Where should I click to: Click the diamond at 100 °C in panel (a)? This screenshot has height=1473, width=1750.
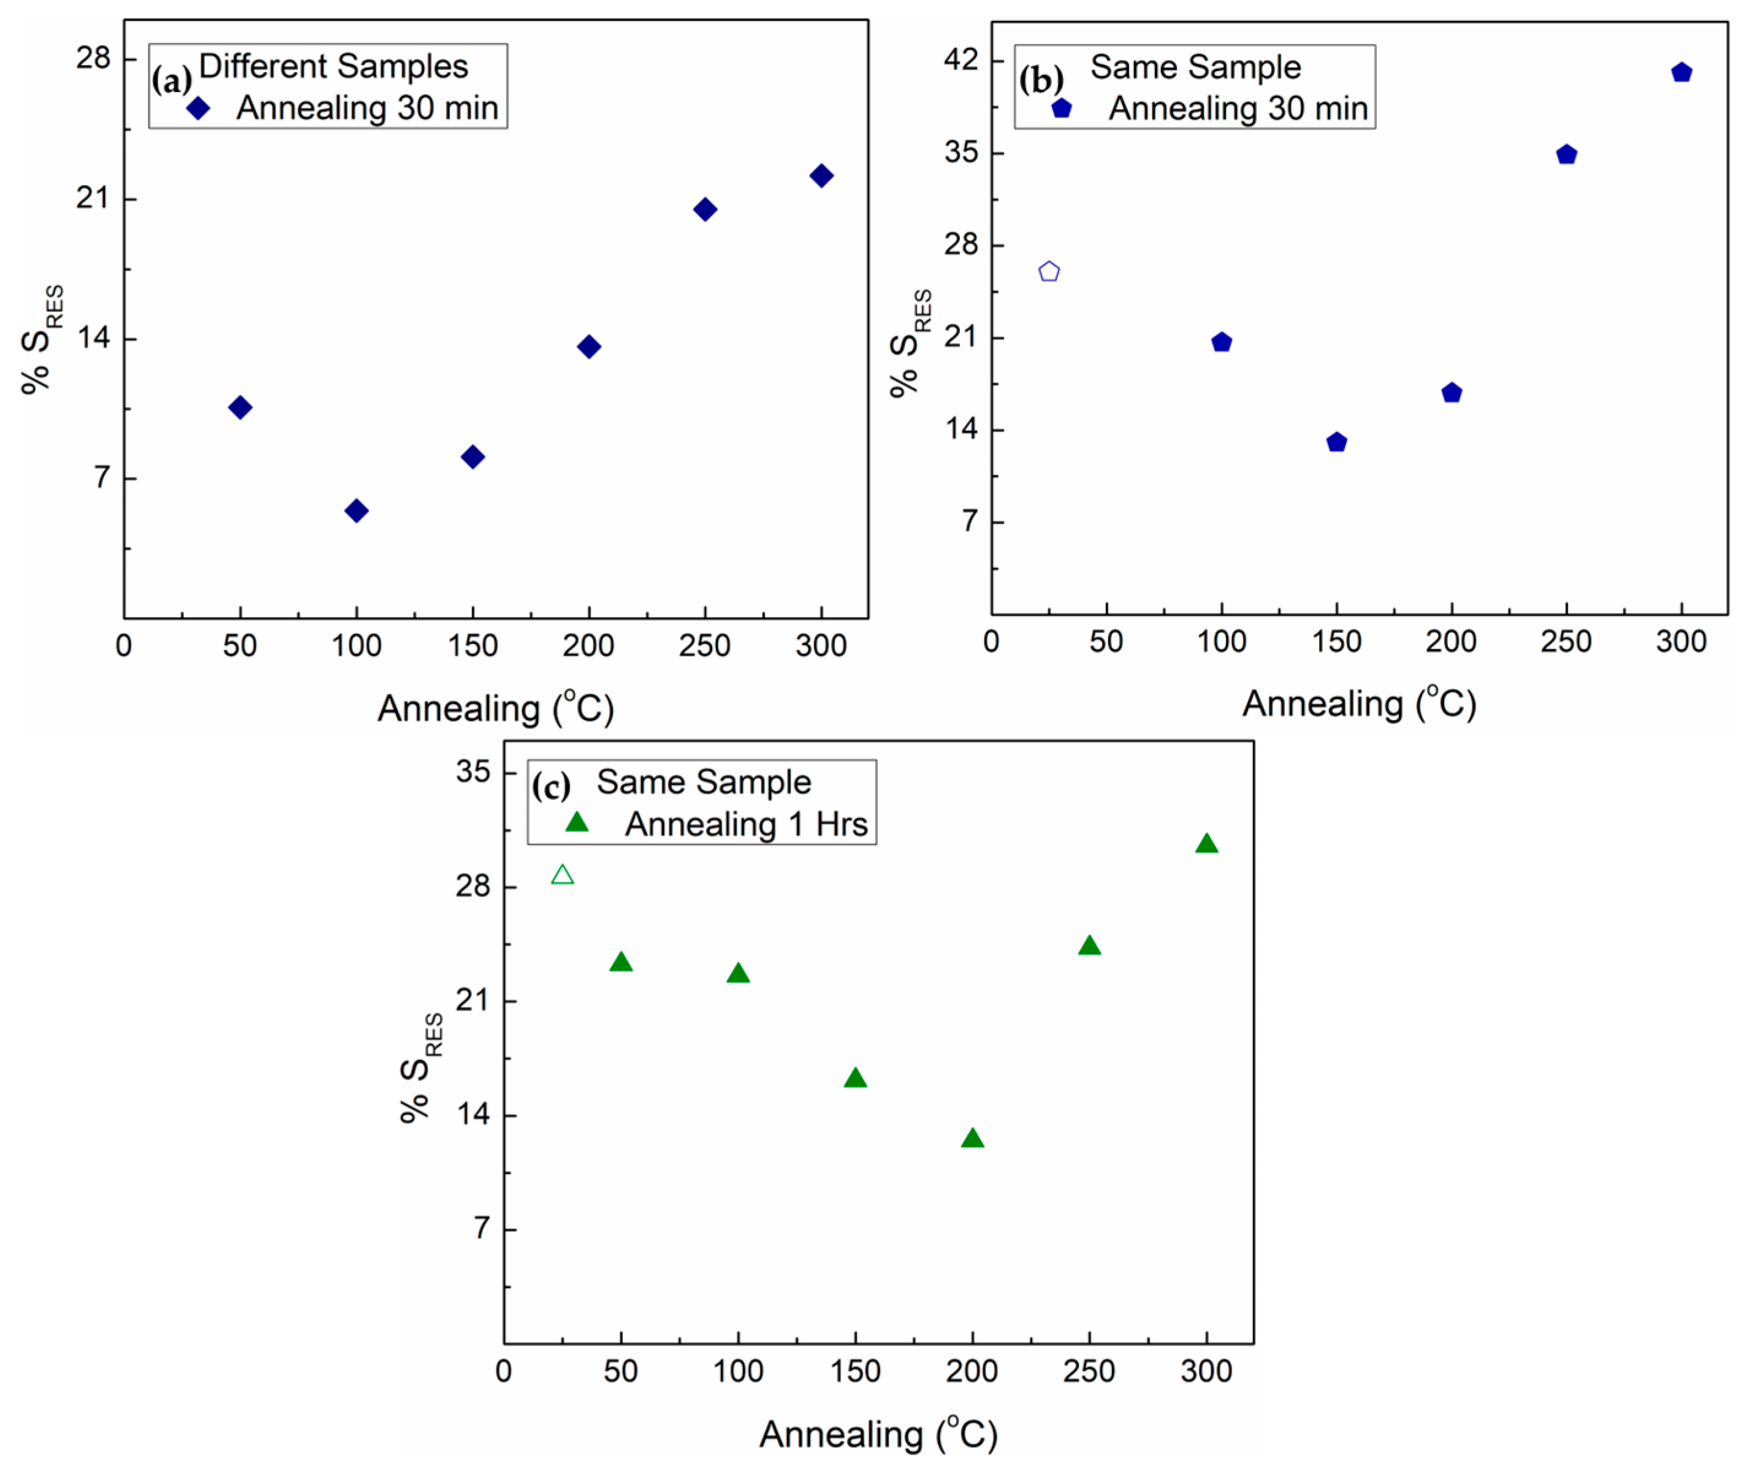[x=356, y=510]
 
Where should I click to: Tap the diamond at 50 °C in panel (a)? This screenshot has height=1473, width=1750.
[x=240, y=407]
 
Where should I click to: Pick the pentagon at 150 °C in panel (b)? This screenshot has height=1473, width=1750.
[x=1336, y=442]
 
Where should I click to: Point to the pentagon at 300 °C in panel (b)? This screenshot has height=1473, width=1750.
[x=1681, y=73]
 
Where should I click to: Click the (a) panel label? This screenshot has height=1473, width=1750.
[x=171, y=82]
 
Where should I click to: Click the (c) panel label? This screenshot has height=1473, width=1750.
[x=550, y=786]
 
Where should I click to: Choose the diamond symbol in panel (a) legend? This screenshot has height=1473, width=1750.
[x=198, y=108]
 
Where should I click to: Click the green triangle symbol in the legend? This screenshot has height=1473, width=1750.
[x=576, y=822]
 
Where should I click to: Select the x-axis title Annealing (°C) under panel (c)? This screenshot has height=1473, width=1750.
[x=878, y=1434]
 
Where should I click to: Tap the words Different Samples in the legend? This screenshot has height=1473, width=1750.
[x=333, y=67]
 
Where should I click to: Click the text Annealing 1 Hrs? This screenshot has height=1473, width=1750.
[x=746, y=824]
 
